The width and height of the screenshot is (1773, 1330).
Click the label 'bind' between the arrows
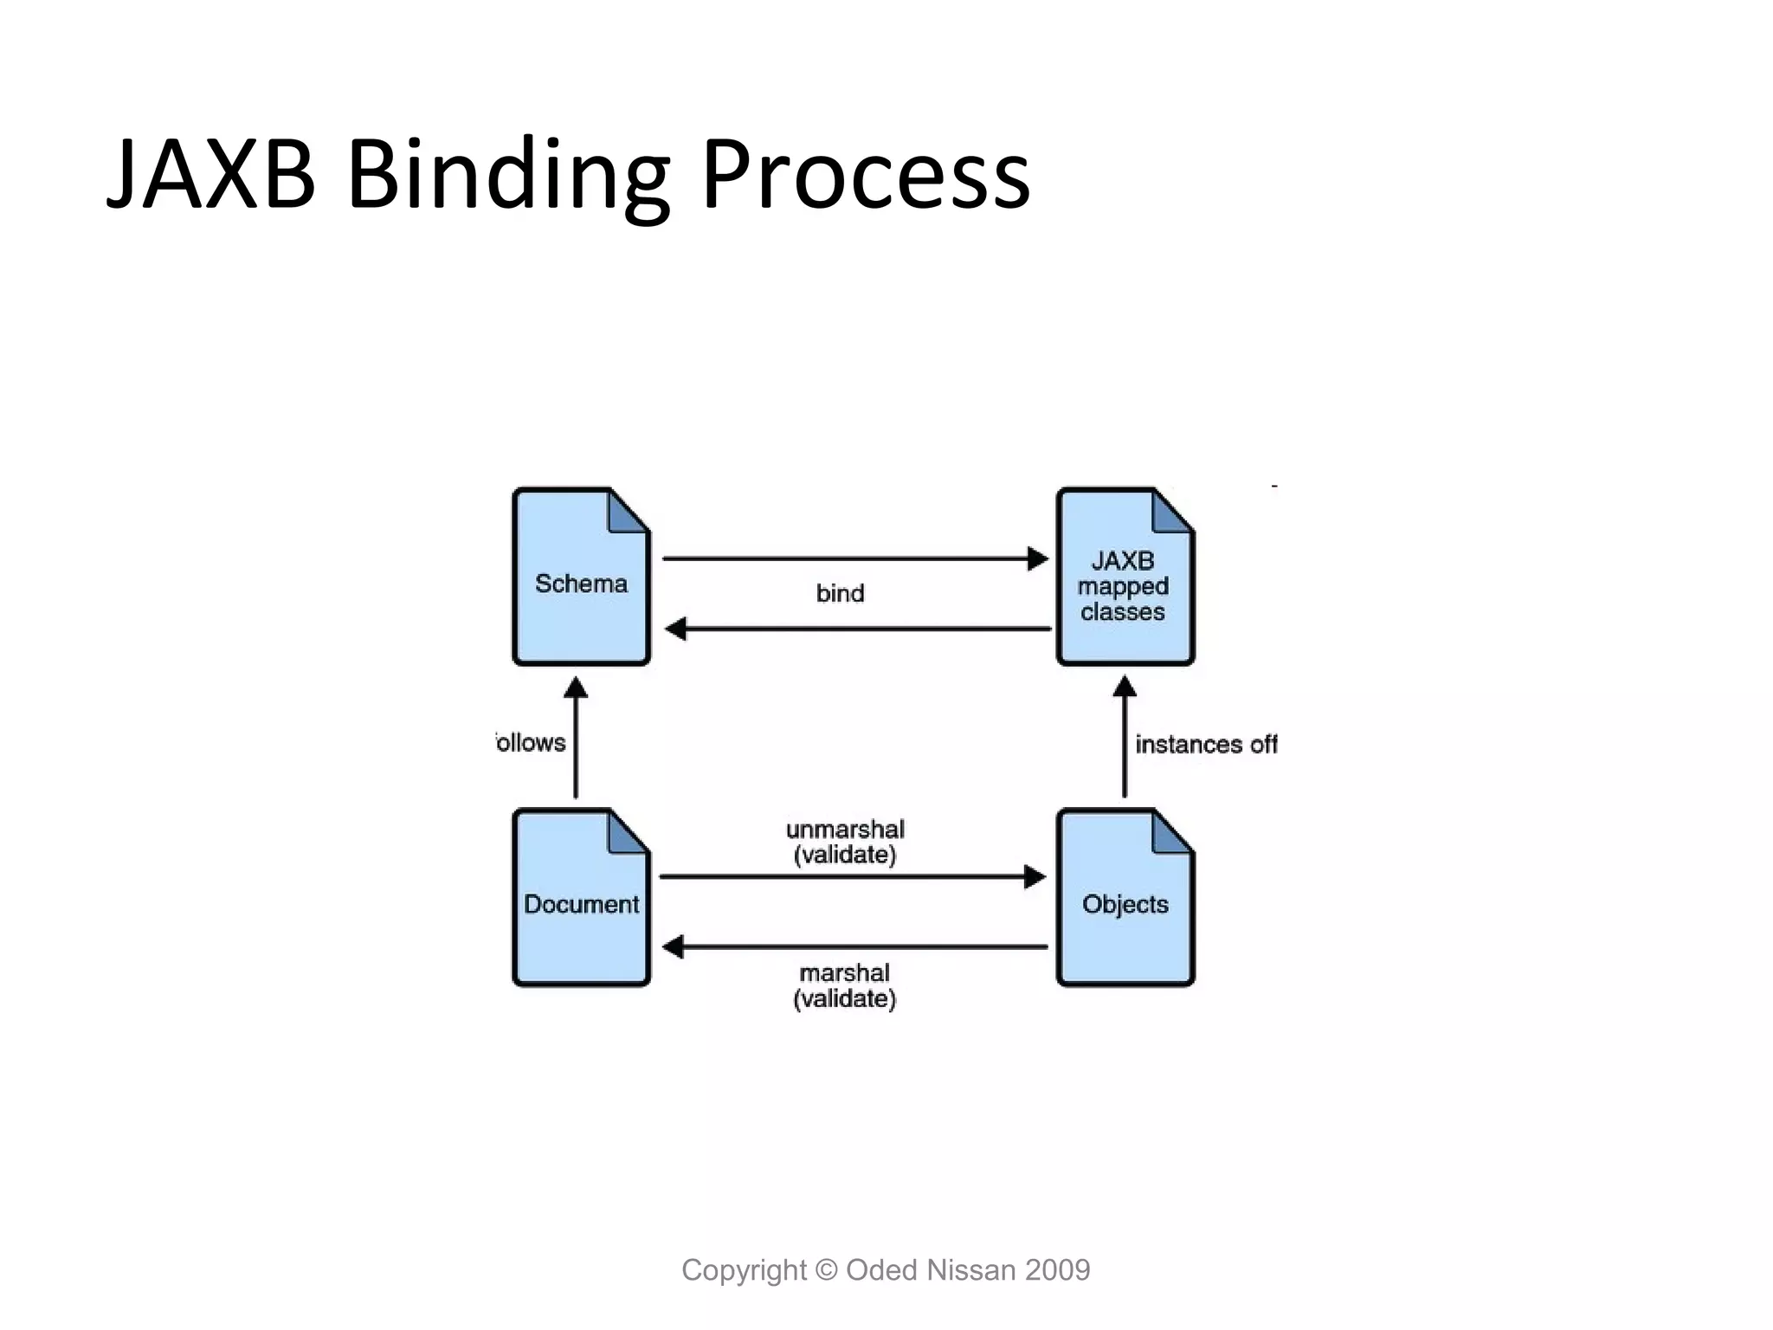pyautogui.click(x=840, y=594)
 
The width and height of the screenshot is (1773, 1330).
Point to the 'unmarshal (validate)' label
pyautogui.click(x=845, y=842)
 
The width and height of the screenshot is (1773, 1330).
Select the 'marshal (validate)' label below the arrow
pyautogui.click(x=845, y=985)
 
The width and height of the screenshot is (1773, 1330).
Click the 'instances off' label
pyautogui.click(x=1205, y=745)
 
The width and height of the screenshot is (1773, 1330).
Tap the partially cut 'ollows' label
pyautogui.click(x=531, y=743)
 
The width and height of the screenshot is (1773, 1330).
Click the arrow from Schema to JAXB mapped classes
pyautogui.click(x=853, y=558)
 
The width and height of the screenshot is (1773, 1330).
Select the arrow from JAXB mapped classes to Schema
pyautogui.click(x=857, y=629)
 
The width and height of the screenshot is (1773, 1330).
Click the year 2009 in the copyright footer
pyautogui.click(x=1057, y=1270)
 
